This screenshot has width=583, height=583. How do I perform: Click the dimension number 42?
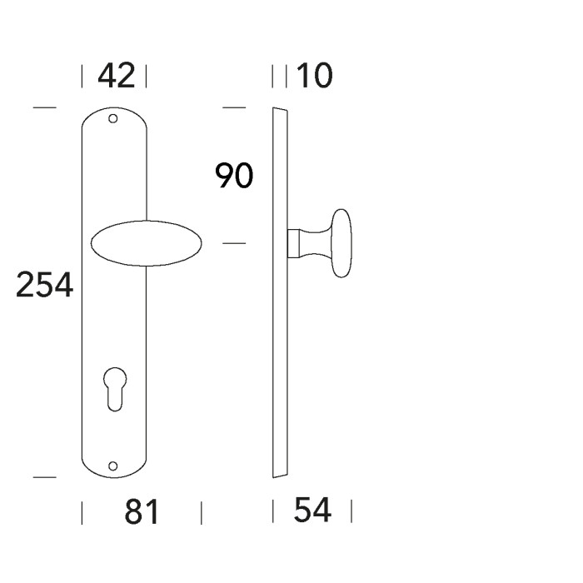116,76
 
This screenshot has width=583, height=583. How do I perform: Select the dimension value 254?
45,285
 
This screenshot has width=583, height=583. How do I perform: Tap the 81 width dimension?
142,512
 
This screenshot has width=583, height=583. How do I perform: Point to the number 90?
234,176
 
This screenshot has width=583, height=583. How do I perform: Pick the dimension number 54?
312,510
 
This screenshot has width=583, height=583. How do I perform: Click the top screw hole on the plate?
112,118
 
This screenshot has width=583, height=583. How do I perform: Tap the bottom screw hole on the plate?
112,466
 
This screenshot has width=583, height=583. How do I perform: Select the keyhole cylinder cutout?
115,389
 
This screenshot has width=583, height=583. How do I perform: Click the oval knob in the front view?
146,243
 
